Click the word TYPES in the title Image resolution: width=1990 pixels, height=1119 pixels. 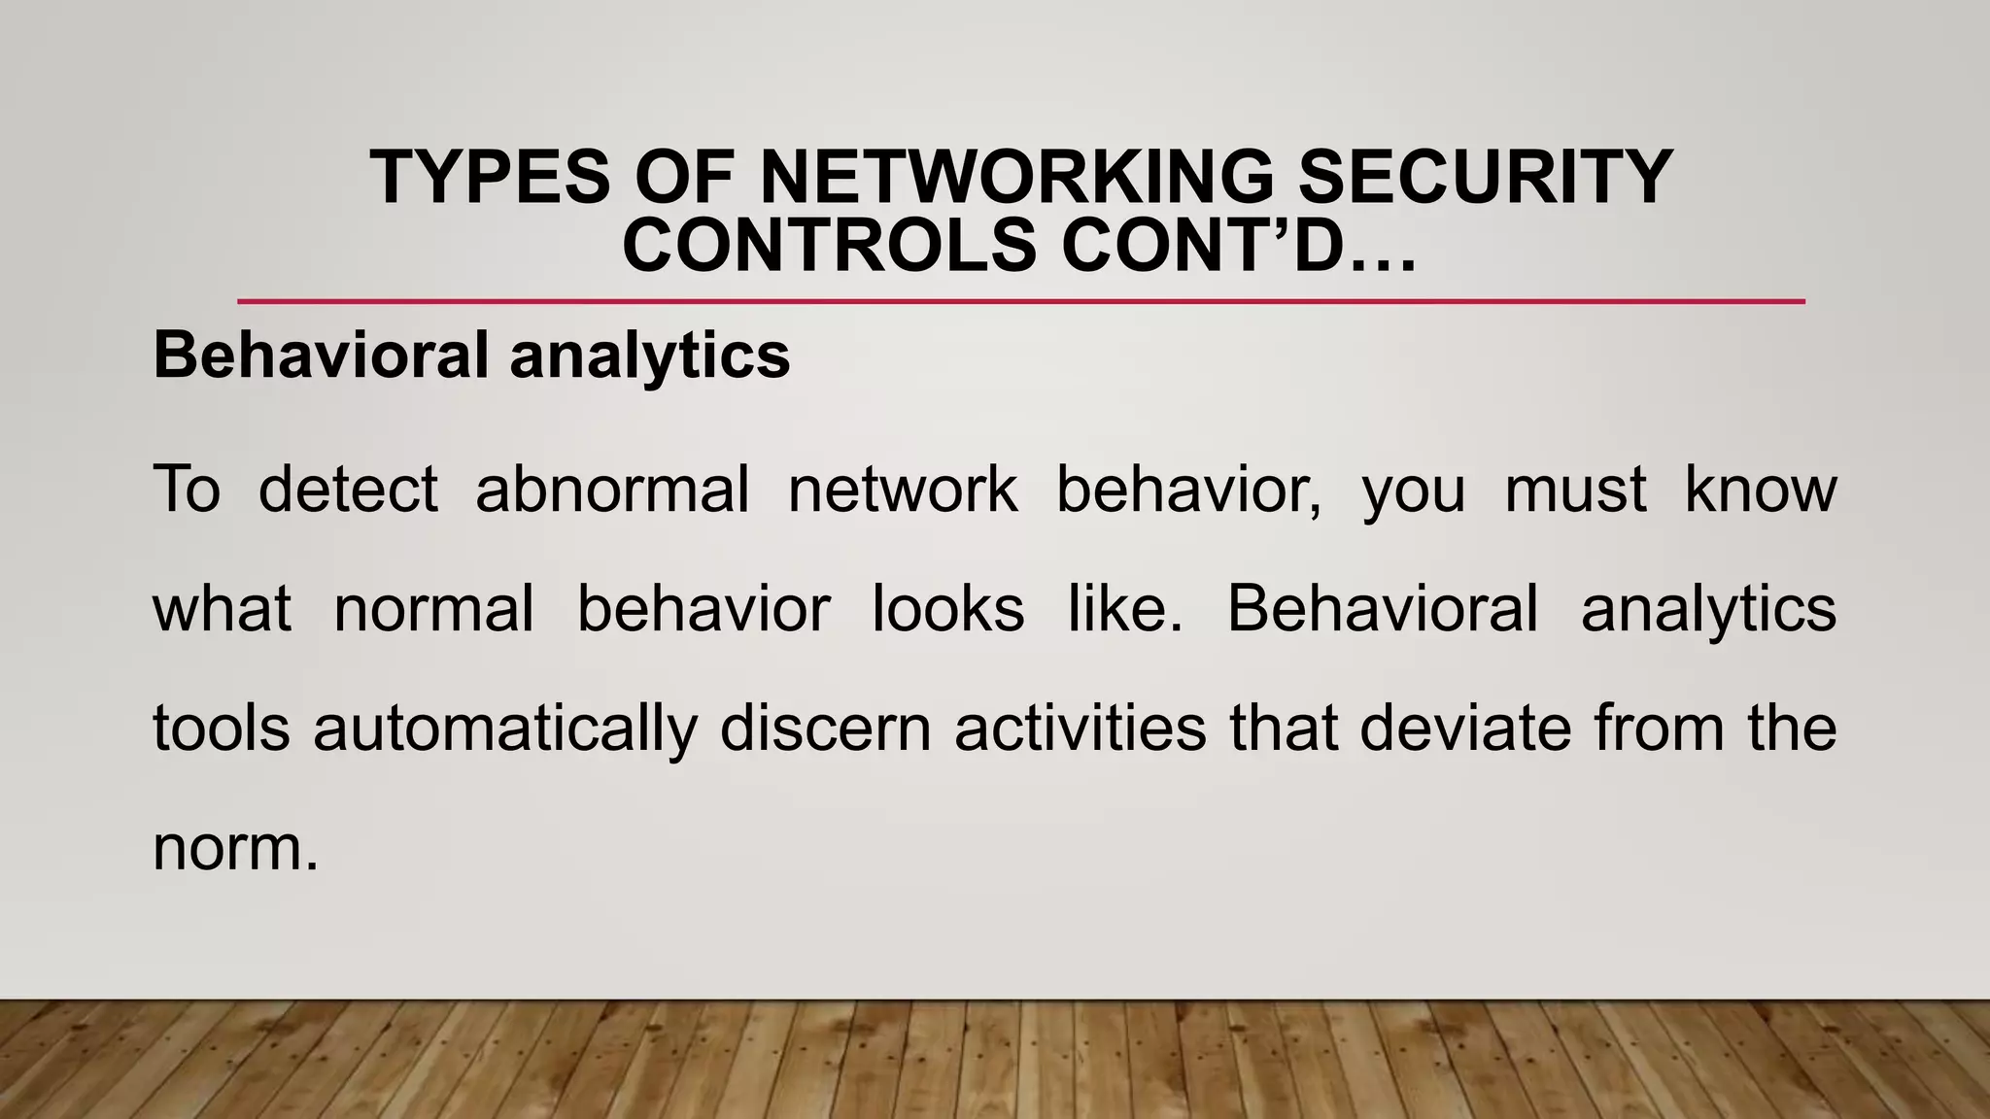pos(489,178)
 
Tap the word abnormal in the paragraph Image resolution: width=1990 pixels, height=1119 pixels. pos(612,489)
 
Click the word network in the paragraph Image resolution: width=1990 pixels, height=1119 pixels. pos(903,489)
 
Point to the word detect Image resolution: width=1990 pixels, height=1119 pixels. pos(348,489)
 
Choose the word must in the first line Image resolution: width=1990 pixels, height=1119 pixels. pos(1575,489)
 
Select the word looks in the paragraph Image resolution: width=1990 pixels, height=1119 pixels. pos(948,609)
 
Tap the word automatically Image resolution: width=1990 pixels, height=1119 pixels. pos(505,729)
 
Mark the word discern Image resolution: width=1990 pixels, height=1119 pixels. pos(826,728)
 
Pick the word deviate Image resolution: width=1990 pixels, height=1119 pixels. pos(1465,728)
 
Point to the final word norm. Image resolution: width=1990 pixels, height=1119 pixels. pos(229,848)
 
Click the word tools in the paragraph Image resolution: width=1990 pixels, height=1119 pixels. pos(222,728)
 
